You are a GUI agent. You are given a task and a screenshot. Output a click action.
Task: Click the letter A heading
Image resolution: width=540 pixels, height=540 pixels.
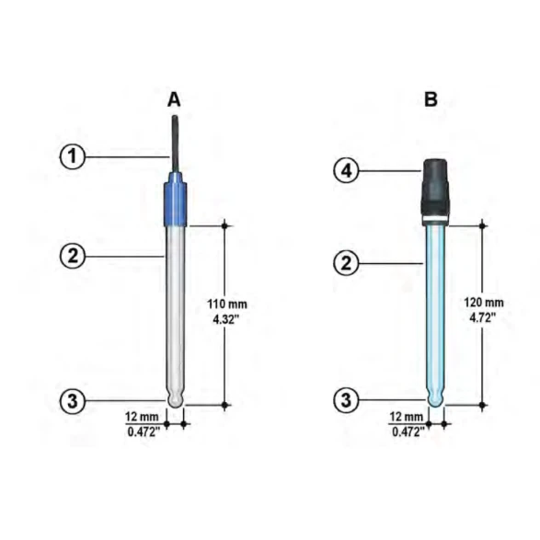point(174,100)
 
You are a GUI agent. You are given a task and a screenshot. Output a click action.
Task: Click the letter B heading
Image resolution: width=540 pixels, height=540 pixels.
point(431,99)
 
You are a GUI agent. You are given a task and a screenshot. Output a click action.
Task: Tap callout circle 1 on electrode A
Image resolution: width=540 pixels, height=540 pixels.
point(73,156)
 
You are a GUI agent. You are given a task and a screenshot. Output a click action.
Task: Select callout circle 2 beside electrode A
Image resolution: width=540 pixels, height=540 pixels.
point(73,257)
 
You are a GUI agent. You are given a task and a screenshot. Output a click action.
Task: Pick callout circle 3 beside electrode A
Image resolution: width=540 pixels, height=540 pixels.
point(73,401)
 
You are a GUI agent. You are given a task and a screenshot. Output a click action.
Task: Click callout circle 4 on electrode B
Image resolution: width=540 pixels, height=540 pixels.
point(347,170)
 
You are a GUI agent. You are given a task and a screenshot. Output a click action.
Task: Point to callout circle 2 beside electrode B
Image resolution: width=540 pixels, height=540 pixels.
point(347,263)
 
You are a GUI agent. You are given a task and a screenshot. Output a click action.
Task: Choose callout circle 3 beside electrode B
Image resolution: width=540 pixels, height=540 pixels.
point(347,400)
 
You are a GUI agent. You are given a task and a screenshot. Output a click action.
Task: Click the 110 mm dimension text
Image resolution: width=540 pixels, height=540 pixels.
point(227,304)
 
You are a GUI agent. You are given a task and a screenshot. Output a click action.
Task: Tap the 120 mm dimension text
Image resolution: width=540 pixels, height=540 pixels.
point(484,303)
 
